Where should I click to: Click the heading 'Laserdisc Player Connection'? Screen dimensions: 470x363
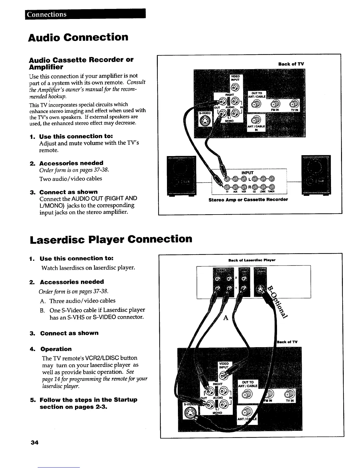[111, 239]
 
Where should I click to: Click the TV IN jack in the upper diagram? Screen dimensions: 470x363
[294, 104]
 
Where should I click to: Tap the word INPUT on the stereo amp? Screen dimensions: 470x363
[247, 173]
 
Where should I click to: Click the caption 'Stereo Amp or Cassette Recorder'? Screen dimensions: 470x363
[248, 200]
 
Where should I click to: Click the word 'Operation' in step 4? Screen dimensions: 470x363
[56, 349]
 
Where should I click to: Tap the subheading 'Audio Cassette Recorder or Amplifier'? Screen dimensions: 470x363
[81, 63]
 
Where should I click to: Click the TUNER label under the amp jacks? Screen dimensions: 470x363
[271, 191]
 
